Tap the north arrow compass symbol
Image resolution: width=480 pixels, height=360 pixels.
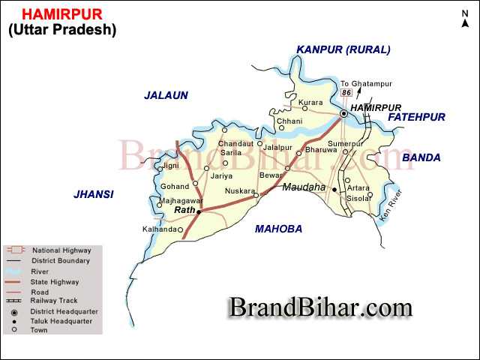(466, 19)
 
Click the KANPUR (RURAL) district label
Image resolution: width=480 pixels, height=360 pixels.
(343, 50)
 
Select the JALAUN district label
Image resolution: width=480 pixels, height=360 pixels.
(166, 95)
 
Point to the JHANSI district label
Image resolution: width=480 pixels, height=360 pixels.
(94, 194)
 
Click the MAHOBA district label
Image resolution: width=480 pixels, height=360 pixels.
(278, 229)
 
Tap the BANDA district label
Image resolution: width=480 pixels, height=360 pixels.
(421, 157)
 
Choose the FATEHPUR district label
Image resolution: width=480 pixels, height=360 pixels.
(417, 117)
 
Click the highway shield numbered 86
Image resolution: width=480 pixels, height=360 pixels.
(346, 92)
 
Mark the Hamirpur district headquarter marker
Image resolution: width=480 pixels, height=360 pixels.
(343, 113)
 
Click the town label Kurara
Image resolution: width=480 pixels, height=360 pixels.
(310, 102)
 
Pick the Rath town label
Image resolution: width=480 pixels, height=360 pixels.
(184, 211)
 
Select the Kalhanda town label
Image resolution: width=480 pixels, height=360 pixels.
(158, 229)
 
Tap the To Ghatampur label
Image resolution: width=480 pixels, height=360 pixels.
(359, 83)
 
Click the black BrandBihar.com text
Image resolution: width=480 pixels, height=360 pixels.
(320, 307)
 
